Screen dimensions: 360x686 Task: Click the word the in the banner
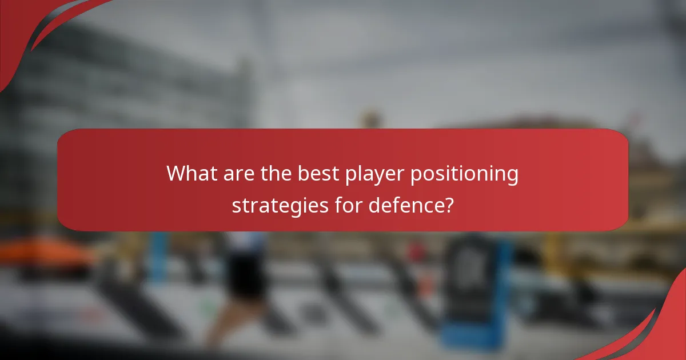click(x=276, y=174)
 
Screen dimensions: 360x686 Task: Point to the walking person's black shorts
click(x=246, y=274)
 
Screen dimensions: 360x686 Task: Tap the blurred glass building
click(x=114, y=86)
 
